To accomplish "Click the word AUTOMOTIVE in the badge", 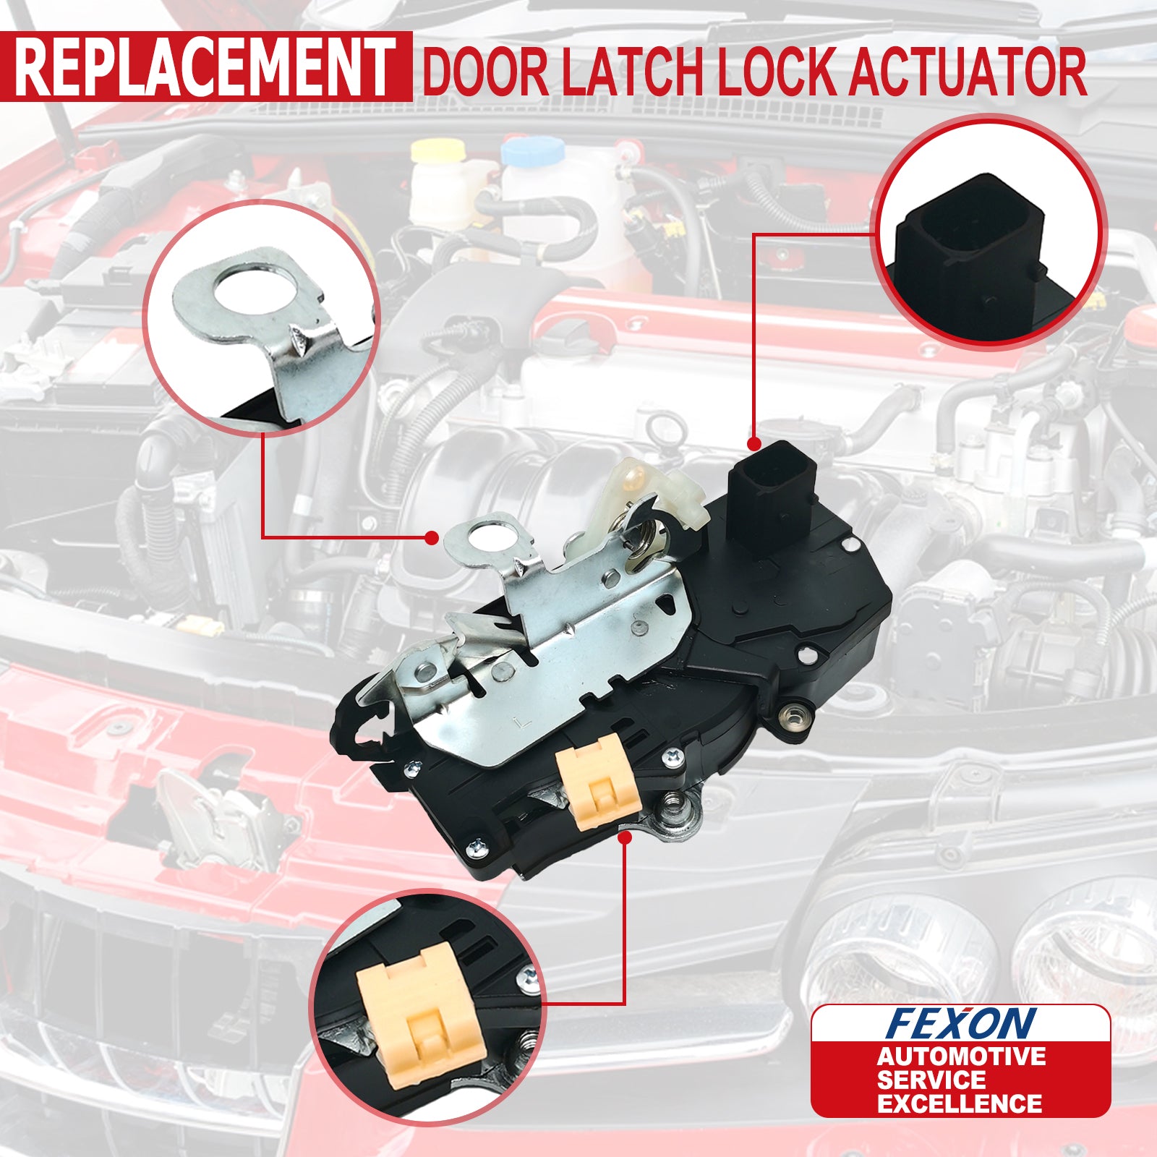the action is pos(961,1056).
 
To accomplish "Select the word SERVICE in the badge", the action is pos(931,1080).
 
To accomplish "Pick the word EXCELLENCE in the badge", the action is pos(960,1103).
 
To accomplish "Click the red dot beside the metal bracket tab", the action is pos(432,537).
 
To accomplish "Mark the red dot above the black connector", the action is pos(753,443).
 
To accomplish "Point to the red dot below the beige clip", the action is pos(625,837).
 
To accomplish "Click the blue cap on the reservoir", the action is pos(533,150).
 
